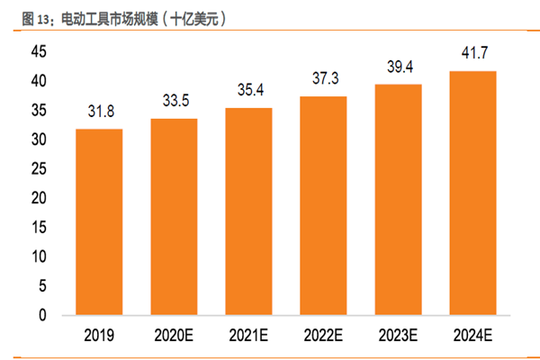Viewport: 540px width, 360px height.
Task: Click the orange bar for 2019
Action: click(99, 222)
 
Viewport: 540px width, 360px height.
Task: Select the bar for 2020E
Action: click(174, 217)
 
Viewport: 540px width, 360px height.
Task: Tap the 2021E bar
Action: click(248, 211)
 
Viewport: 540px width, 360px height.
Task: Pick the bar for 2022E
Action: click(323, 206)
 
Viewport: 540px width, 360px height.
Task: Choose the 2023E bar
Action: click(398, 200)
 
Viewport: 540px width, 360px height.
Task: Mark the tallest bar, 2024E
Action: click(472, 193)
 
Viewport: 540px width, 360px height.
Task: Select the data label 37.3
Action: click(323, 79)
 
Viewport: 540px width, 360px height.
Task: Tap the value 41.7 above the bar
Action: click(472, 54)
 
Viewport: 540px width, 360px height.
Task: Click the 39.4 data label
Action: click(398, 67)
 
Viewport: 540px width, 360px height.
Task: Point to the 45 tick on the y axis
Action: click(39, 52)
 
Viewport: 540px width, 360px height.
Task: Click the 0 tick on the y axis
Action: click(43, 316)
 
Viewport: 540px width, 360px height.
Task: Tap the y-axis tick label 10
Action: click(39, 257)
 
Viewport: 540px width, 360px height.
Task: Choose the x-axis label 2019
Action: click(99, 337)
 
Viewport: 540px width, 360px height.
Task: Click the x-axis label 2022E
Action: click(323, 337)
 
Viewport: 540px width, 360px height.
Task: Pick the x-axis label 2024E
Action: click(472, 337)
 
